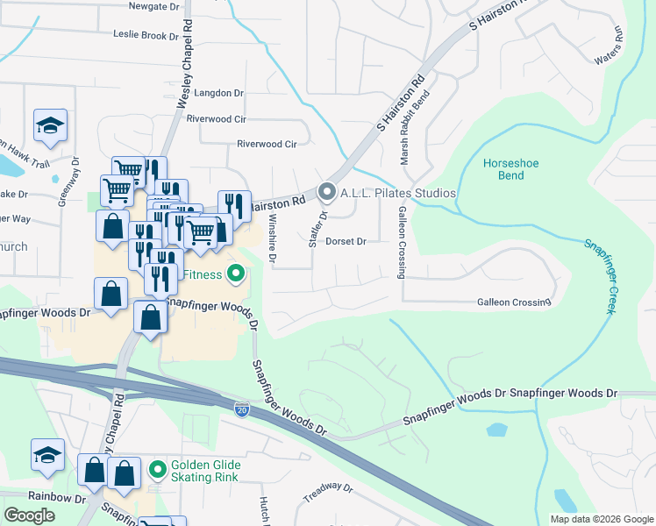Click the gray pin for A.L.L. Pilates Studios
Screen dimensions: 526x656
pos(328,191)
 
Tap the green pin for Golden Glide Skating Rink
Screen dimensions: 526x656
pos(157,470)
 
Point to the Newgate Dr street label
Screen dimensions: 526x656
pos(153,6)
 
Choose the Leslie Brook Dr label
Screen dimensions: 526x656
pos(146,36)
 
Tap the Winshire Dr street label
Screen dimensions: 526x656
pos(273,238)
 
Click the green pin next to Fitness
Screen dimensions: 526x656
pos(235,275)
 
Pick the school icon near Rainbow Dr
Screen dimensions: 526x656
pos(48,455)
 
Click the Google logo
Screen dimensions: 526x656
pos(29,515)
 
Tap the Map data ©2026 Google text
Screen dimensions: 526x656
pos(601,518)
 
